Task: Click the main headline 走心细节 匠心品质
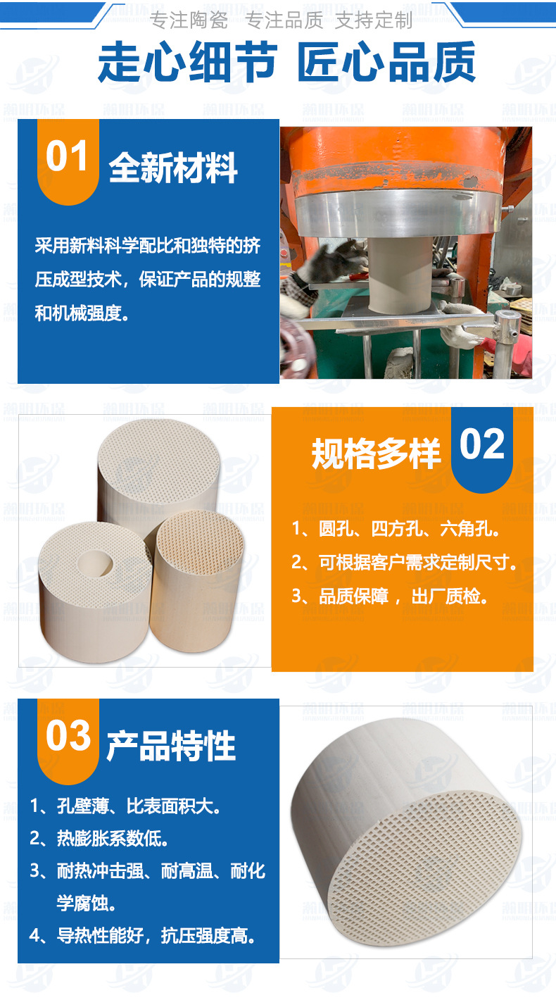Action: (x=286, y=63)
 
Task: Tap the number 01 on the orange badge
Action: (x=68, y=156)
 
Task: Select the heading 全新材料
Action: (x=173, y=168)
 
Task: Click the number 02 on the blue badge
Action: (x=482, y=445)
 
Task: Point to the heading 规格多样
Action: (x=376, y=454)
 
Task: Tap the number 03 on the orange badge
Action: (x=68, y=736)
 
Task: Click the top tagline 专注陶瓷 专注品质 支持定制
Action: (x=282, y=20)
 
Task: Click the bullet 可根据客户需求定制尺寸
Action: (x=405, y=562)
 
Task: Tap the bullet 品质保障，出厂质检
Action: (x=390, y=596)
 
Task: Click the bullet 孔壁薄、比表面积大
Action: (x=126, y=806)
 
